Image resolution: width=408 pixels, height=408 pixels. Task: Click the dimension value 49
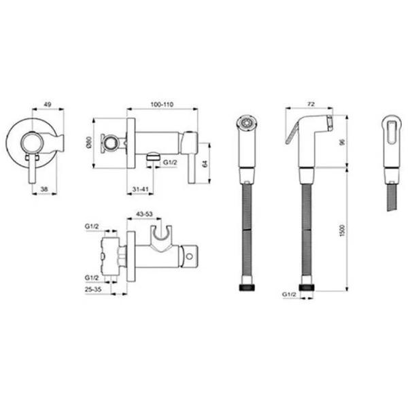coord(47,105)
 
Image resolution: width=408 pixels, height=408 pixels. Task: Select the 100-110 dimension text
coord(162,105)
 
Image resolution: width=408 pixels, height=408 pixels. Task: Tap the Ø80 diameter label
coord(88,143)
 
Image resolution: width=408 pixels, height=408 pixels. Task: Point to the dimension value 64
coord(205,163)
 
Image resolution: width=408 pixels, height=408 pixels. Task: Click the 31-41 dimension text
coord(140,189)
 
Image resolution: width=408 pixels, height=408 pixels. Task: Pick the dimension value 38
coord(44,189)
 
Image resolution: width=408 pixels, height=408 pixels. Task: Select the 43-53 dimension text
coord(144,214)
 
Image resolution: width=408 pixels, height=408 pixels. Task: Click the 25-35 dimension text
coord(93,289)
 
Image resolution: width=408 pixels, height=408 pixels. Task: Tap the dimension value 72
coord(311,104)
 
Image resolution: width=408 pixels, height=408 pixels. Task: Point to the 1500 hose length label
coord(343,231)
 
